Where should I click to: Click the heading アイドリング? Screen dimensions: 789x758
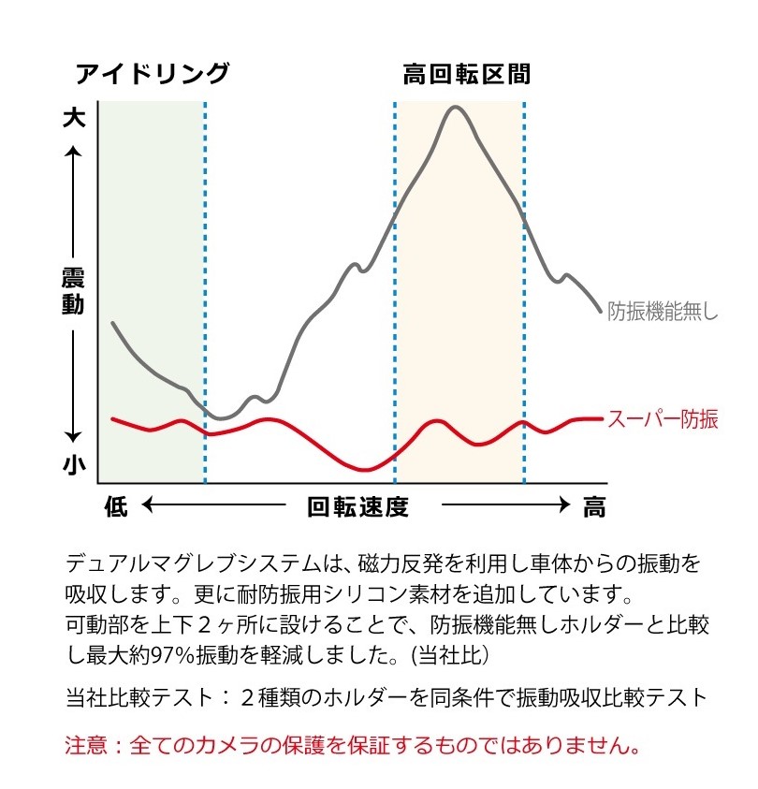coord(152,75)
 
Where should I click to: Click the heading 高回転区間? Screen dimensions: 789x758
coord(466,75)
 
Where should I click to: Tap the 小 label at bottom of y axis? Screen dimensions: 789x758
coord(73,463)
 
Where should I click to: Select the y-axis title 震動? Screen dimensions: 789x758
coord(73,291)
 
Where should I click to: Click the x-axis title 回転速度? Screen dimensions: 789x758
coord(358,506)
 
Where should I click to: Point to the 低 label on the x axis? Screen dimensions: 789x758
coord(115,506)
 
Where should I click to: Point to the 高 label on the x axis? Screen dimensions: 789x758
coord(594,506)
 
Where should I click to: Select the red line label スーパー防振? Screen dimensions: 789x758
coord(663,419)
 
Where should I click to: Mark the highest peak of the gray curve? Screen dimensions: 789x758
coord(456,108)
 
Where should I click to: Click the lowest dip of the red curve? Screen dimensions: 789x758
coord(365,469)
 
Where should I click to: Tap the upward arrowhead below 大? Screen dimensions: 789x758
coord(73,150)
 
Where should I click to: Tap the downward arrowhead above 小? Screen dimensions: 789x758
coord(73,436)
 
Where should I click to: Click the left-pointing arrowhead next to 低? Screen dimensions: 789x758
coord(148,506)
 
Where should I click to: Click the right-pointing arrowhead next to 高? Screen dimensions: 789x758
coord(563,506)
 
